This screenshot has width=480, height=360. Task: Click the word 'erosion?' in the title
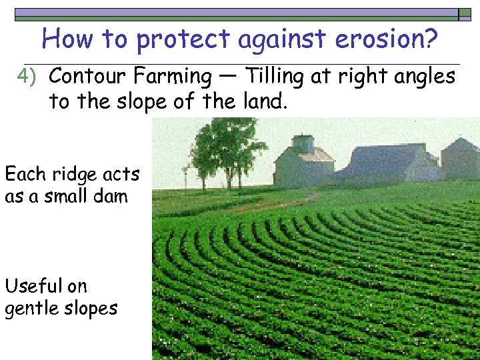pyautogui.click(x=386, y=40)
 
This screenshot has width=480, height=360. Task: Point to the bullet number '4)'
pyautogui.click(x=29, y=77)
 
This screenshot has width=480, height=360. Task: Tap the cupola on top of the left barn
pyautogui.click(x=303, y=143)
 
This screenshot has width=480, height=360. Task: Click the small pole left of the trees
pyautogui.click(x=185, y=177)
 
